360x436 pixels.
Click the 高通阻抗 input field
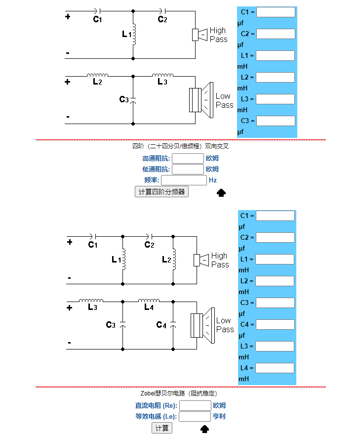188,159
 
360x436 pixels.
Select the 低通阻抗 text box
188,170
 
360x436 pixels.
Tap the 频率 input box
184,180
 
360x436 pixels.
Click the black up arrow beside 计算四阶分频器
221,193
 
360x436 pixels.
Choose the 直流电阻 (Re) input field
195,406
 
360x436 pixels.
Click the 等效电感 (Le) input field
195,417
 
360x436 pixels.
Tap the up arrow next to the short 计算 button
204,429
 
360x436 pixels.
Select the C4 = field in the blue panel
275,325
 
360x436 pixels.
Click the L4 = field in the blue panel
275,368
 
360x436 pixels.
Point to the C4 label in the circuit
161,325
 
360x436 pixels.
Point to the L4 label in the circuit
149,307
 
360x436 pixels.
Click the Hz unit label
213,180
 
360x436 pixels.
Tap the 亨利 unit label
219,417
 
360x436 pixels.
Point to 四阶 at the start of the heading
137,146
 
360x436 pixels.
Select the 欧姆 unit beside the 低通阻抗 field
212,170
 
